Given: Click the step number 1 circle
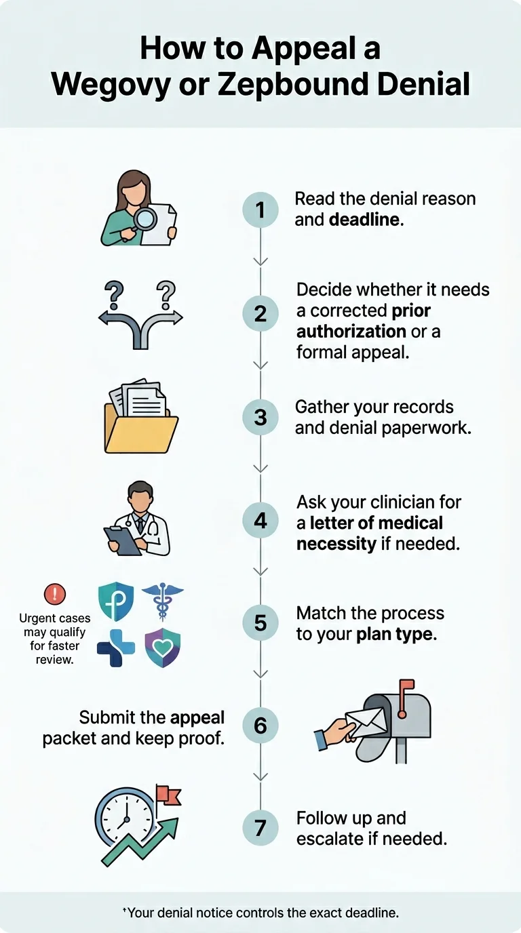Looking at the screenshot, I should (260, 210).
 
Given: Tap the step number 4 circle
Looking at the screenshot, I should (260, 521).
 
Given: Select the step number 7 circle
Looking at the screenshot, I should (260, 828).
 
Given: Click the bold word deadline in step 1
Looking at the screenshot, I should (365, 220).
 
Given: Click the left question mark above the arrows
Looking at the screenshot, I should (113, 296).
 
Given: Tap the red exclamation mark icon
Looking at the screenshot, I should (54, 595).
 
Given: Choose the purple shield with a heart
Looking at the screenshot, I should (163, 648).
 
